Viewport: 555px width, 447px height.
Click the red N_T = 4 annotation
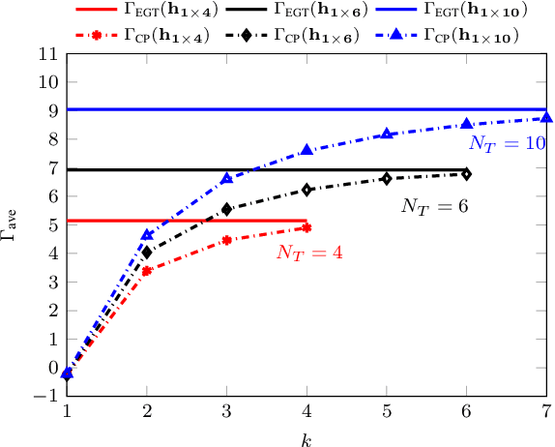coord(309,253)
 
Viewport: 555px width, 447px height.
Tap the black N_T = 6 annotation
coord(434,206)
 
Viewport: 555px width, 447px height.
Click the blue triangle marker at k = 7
coord(546,118)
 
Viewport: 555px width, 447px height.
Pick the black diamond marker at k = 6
coord(466,174)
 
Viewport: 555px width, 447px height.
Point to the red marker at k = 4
coord(307,227)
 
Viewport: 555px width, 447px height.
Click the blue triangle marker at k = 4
coord(307,150)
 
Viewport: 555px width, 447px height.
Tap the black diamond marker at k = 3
coord(226,209)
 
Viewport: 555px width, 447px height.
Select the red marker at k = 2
coord(146,271)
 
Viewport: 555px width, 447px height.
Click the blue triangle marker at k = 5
coord(387,134)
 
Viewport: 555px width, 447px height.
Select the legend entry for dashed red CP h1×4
coord(142,36)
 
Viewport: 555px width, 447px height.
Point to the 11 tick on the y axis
coord(47,53)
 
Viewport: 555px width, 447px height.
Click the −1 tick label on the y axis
coord(44,396)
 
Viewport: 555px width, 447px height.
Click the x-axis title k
coord(307,438)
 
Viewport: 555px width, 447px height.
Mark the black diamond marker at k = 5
coord(387,178)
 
